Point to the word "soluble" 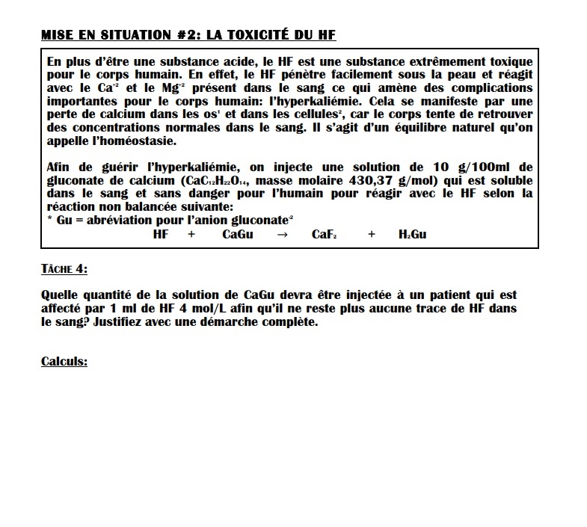[x=505, y=180]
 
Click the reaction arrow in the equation [x=282, y=235]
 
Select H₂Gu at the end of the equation [x=413, y=235]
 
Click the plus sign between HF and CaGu [x=191, y=235]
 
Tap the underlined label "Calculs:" [x=64, y=362]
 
